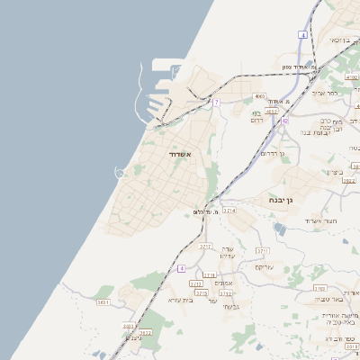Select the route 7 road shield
tap(216, 103)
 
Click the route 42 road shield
tap(284, 120)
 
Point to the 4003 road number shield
tap(259, 95)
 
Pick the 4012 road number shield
tap(298, 112)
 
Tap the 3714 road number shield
tap(229, 210)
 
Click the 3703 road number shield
tap(321, 288)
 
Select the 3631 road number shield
tap(103, 303)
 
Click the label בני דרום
tap(255, 116)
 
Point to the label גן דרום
tap(271, 153)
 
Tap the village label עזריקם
tap(265, 267)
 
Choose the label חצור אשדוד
tap(319, 220)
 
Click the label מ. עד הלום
tap(207, 212)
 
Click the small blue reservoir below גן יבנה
tap(279, 229)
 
